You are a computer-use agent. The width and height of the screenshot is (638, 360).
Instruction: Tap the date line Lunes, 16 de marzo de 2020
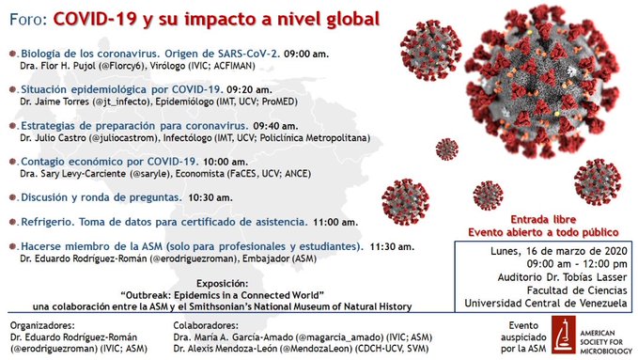click(x=546, y=252)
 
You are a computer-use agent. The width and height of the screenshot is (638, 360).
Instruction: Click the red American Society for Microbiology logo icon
click(x=562, y=334)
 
